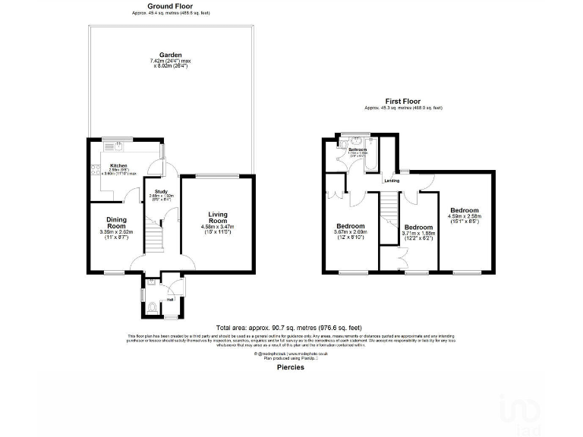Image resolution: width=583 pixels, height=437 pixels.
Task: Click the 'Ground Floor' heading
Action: click(171, 7)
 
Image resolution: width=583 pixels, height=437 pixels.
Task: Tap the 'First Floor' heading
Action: click(403, 101)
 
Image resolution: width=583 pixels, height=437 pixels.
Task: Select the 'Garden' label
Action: click(170, 55)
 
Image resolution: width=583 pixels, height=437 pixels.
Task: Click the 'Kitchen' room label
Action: click(118, 165)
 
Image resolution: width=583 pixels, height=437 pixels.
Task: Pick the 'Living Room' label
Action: click(218, 218)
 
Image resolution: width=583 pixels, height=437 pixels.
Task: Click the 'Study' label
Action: click(161, 191)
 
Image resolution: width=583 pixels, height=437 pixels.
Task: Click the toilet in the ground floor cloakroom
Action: click(152, 307)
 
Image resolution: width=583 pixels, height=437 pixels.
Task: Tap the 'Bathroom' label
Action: click(358, 150)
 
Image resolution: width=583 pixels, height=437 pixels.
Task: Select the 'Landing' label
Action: click(392, 181)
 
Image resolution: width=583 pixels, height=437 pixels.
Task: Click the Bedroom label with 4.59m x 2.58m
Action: click(464, 210)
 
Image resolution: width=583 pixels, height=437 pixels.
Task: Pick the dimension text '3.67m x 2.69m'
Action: click(351, 234)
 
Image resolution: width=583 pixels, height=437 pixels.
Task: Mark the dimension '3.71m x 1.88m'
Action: click(418, 234)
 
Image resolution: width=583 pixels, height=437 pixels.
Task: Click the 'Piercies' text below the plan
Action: click(291, 367)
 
